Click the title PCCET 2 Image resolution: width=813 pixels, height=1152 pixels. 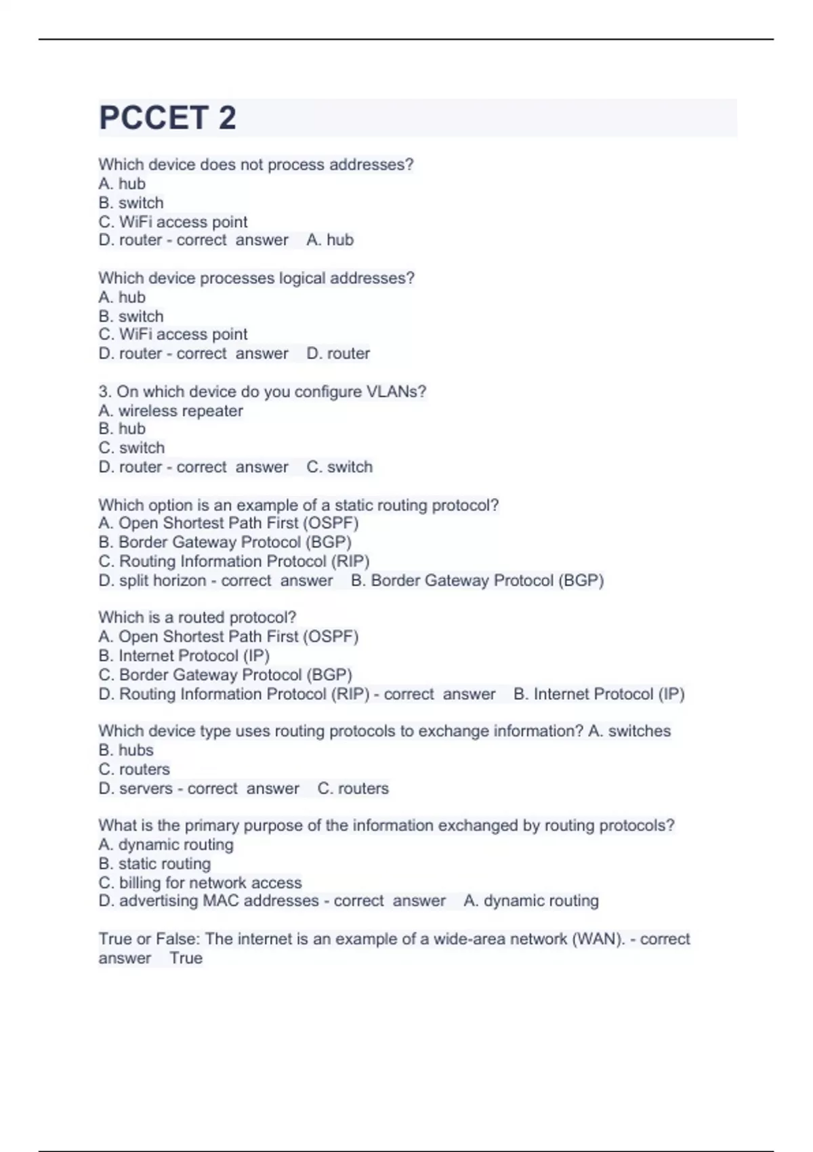[x=167, y=118]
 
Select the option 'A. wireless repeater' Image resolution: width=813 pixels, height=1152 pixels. [x=170, y=411]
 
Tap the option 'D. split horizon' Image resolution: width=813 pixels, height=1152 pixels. [x=152, y=581]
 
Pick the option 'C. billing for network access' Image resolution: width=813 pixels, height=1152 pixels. [x=200, y=883]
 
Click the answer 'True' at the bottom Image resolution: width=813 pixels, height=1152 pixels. [x=186, y=958]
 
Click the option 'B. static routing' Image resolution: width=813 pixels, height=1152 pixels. [x=154, y=864]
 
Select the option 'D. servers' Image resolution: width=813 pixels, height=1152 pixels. [x=135, y=789]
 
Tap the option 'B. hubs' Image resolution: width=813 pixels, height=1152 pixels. [x=126, y=750]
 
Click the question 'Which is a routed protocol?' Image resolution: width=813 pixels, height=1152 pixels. [x=197, y=617]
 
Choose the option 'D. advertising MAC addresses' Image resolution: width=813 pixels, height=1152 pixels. [x=209, y=901]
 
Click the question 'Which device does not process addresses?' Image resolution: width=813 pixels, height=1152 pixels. [x=255, y=165]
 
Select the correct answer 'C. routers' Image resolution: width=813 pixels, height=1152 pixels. [x=353, y=789]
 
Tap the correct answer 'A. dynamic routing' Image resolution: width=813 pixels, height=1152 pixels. [x=531, y=901]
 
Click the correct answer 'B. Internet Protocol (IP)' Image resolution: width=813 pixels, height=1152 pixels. [x=599, y=695]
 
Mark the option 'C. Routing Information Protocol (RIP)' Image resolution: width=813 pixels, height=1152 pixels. [x=234, y=562]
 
